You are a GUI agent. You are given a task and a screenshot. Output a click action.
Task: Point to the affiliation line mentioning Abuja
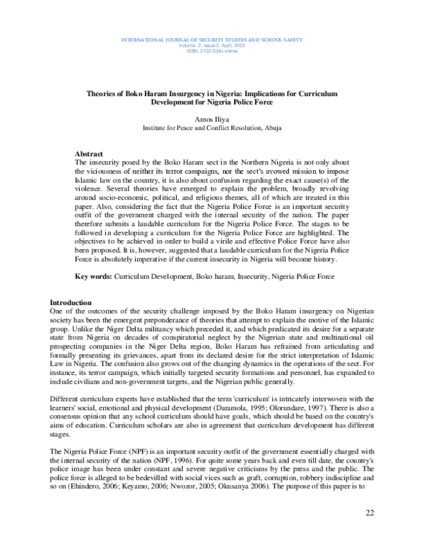pyautogui.click(x=212, y=129)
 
